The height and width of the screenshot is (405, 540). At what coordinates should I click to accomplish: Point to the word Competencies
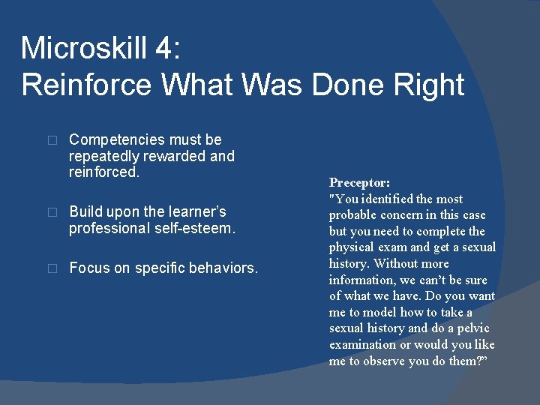pyautogui.click(x=116, y=140)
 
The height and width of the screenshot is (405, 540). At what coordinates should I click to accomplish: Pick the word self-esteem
pyautogui.click(x=196, y=229)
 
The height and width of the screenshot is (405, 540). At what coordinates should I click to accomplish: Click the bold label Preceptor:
pyautogui.click(x=359, y=182)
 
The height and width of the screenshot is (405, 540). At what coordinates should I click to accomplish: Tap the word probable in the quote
pyautogui.click(x=352, y=215)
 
